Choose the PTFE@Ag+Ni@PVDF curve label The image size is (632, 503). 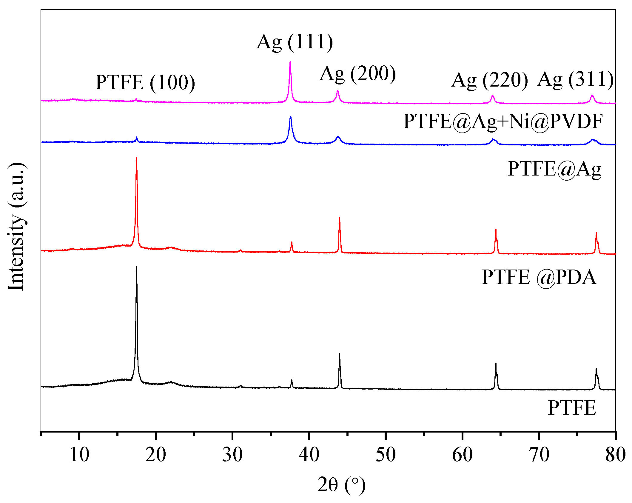coord(503,121)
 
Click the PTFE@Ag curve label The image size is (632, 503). coord(554,169)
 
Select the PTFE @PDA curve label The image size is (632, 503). coord(539,277)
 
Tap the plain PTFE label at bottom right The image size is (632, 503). coord(572,408)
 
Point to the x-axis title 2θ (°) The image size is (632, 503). coord(341,484)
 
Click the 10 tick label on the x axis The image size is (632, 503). coord(79,455)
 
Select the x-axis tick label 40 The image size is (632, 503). coord(309,455)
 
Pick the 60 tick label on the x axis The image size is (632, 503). coord(462,455)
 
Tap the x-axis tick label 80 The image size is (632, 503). coord(615,455)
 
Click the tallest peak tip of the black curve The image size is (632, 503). coord(137,267)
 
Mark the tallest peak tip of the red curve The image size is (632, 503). coord(137,158)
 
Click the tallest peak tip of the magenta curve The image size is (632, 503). coord(290,62)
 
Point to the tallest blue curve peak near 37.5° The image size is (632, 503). coord(291,117)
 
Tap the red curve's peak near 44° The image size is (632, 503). coord(340,218)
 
